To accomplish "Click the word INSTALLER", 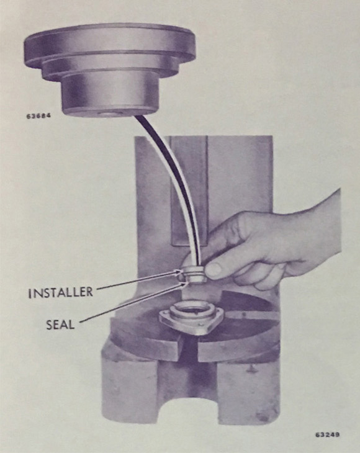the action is tap(61, 292).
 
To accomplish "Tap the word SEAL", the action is tap(60, 325).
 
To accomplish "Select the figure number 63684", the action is tap(38, 116).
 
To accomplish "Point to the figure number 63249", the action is tap(328, 434).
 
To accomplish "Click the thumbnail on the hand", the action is tap(214, 269).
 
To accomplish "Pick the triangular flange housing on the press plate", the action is tap(191, 320).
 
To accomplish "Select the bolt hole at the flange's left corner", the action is tap(166, 316).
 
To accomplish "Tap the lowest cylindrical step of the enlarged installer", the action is tap(110, 94).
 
